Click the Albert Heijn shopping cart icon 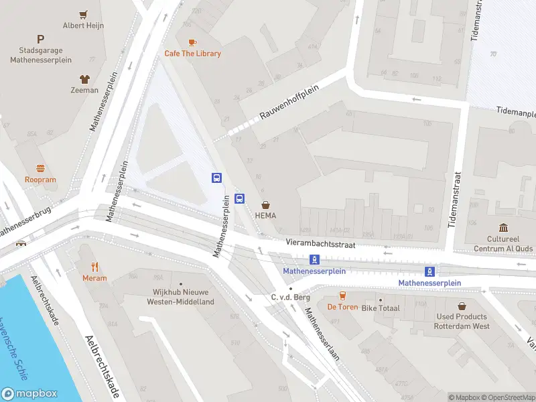[84, 14]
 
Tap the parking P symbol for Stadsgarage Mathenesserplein [41, 40]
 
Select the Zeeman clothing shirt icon [84, 78]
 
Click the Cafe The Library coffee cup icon [193, 42]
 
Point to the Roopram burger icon [40, 168]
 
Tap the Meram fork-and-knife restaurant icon [94, 267]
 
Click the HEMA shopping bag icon [266, 204]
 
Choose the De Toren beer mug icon [342, 295]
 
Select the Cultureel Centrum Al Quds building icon [503, 227]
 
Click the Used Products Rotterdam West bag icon [462, 306]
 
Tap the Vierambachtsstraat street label [319, 245]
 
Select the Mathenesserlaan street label [322, 334]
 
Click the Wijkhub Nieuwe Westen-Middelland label [180, 297]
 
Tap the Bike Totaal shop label [381, 308]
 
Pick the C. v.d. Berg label [289, 297]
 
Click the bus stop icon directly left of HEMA [240, 199]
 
